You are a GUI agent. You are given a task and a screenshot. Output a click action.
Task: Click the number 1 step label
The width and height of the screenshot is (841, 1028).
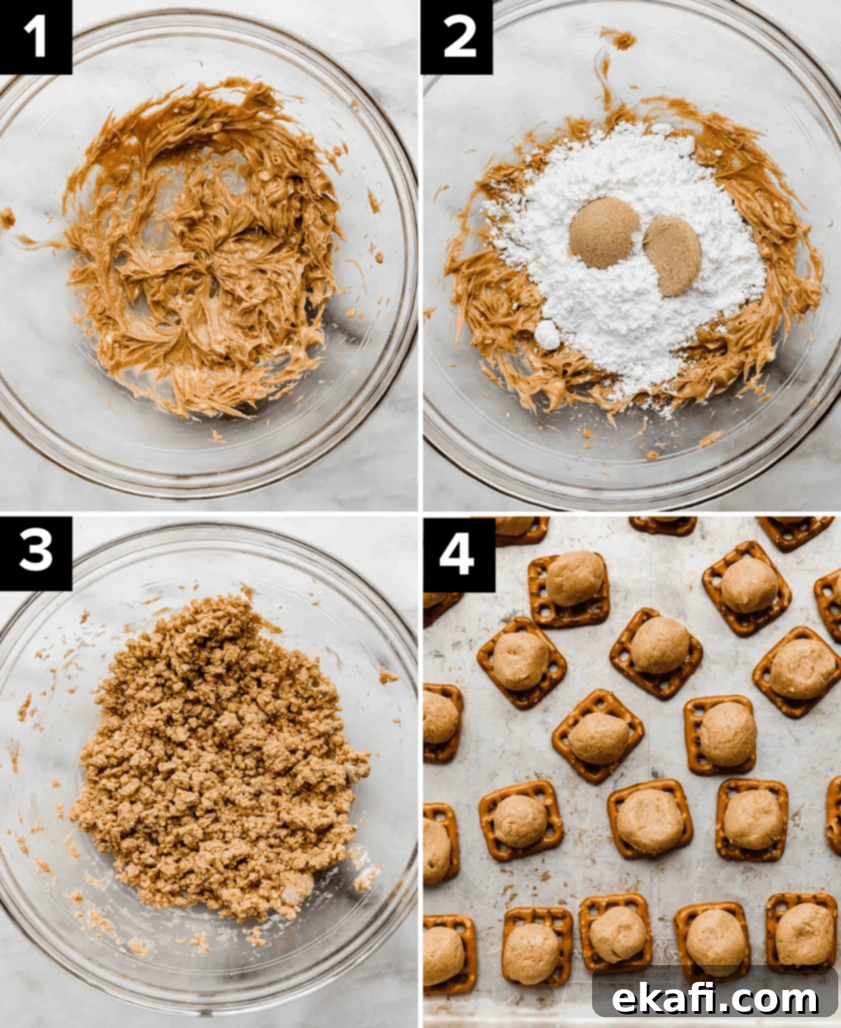coord(35,37)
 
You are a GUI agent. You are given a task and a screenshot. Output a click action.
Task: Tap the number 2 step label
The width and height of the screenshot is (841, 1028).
coord(457,37)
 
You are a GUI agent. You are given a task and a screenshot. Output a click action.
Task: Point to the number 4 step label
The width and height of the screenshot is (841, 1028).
coord(457,555)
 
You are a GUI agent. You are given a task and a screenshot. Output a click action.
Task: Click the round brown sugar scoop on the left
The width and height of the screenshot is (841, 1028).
coord(604,233)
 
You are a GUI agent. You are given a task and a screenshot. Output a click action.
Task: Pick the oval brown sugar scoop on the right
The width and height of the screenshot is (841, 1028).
coord(673,256)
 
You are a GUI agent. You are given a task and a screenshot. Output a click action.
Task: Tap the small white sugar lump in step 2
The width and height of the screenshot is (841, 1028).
coord(547,335)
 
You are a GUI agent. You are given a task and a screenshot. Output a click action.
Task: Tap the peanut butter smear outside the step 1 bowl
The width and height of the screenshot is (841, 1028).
coord(7,218)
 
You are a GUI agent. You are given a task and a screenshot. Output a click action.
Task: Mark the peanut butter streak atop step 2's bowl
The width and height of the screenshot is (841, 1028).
coord(618,39)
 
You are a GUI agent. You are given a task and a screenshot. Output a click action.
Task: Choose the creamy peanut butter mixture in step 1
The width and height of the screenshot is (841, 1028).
coord(205,249)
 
